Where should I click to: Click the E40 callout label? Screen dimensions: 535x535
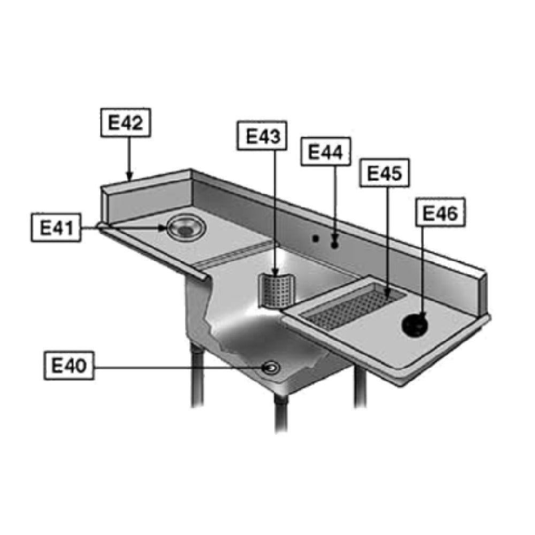click(x=69, y=366)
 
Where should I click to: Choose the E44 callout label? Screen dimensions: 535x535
click(x=325, y=152)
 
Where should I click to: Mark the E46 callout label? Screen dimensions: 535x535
click(x=440, y=213)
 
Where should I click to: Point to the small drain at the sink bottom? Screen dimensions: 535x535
click(x=269, y=367)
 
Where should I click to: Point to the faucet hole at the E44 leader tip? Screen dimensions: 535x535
click(x=334, y=245)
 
